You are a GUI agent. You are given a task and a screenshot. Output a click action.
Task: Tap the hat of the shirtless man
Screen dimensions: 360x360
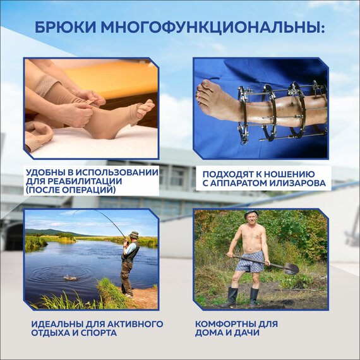[251, 215]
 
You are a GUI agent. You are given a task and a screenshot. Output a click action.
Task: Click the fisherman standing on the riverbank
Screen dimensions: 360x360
[129, 262]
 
